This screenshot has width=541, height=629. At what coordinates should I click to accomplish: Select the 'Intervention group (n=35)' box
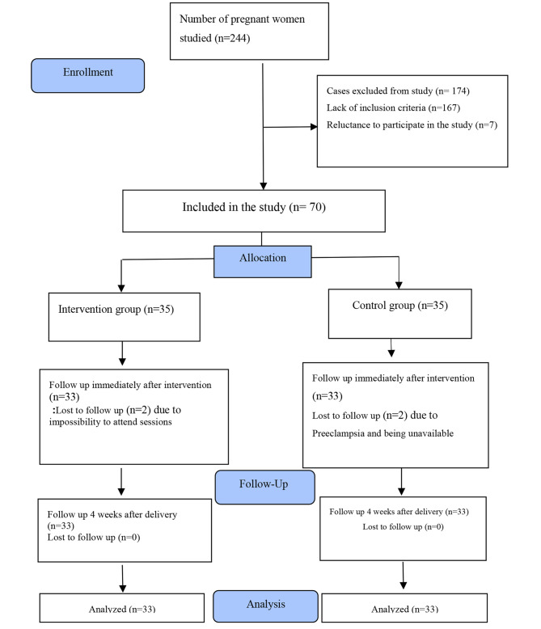click(124, 310)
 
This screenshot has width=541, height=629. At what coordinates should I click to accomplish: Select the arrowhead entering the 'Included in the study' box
click(264, 186)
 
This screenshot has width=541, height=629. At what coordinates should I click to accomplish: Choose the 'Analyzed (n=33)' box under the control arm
click(404, 609)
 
